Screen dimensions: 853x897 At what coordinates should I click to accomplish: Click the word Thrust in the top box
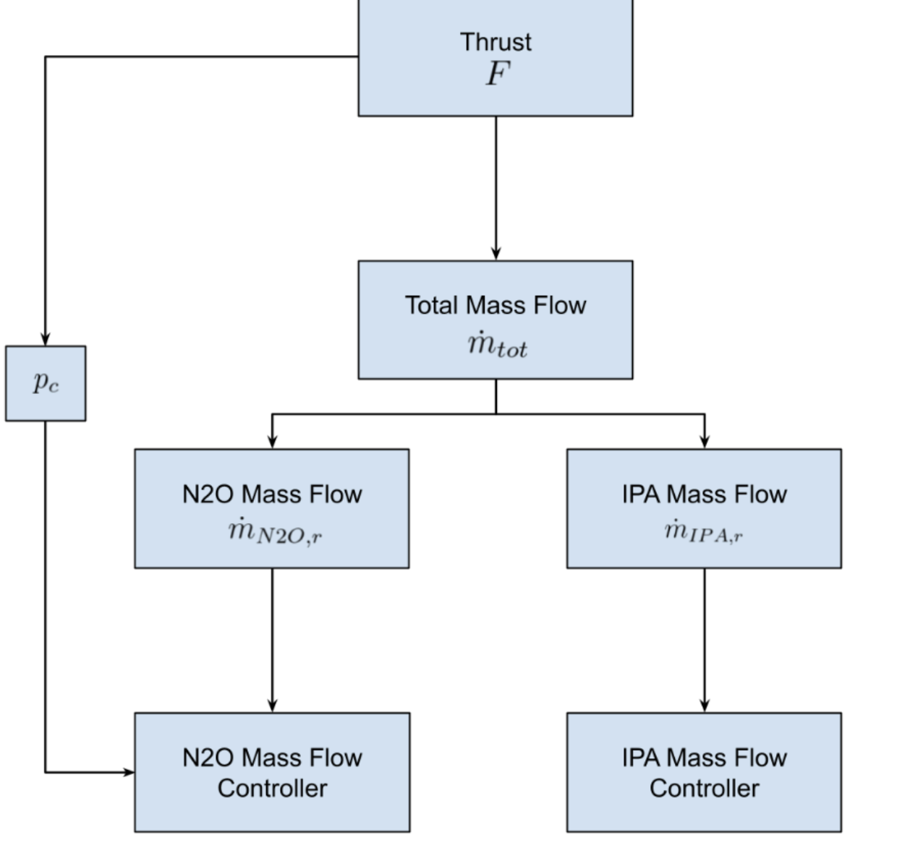click(496, 42)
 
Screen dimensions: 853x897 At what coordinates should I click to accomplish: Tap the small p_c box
click(46, 383)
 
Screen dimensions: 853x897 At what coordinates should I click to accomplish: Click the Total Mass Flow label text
click(496, 305)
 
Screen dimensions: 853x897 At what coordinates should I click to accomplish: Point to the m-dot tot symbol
click(498, 345)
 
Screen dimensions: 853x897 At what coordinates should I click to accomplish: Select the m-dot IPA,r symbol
click(704, 532)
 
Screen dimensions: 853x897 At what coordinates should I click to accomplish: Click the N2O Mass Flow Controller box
click(272, 772)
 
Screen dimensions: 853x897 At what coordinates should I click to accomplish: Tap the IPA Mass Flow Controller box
click(704, 772)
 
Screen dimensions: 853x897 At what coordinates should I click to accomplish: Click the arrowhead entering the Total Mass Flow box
click(496, 253)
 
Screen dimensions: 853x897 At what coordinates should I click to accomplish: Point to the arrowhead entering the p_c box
click(46, 338)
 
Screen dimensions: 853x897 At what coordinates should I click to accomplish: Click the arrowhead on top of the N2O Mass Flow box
click(272, 441)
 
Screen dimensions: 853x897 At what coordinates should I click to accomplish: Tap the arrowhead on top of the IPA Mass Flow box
click(705, 441)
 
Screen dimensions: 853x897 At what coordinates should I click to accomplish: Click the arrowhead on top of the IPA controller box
click(705, 705)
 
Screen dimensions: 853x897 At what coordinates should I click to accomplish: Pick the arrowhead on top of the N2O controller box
click(272, 705)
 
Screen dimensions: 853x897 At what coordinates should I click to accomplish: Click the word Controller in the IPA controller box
click(704, 788)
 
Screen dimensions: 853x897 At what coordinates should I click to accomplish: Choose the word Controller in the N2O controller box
click(272, 788)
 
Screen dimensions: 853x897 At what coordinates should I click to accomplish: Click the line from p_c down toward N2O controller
click(46, 593)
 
